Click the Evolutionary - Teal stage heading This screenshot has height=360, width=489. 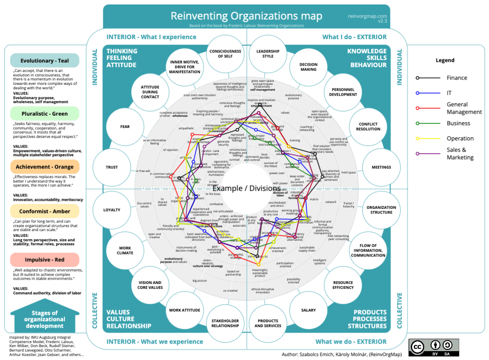(44, 60)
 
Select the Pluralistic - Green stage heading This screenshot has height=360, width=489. (44, 114)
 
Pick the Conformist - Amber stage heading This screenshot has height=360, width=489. (44, 211)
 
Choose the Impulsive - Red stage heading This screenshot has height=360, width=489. (44, 260)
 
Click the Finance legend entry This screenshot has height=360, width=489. (457, 78)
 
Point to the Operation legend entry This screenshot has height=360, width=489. (460, 138)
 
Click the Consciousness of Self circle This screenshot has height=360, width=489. (225, 54)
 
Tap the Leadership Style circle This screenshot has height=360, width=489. (268, 54)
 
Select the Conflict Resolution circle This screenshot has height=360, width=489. (368, 127)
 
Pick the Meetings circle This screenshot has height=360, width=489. (381, 167)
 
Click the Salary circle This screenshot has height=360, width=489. (308, 310)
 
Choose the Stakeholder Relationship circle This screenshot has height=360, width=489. (225, 323)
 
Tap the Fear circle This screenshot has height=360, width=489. (125, 127)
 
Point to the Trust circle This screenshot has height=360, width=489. (112, 167)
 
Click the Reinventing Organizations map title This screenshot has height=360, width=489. (246, 16)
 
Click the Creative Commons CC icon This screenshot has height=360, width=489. (417, 347)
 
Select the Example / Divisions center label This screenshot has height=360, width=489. (246, 188)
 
